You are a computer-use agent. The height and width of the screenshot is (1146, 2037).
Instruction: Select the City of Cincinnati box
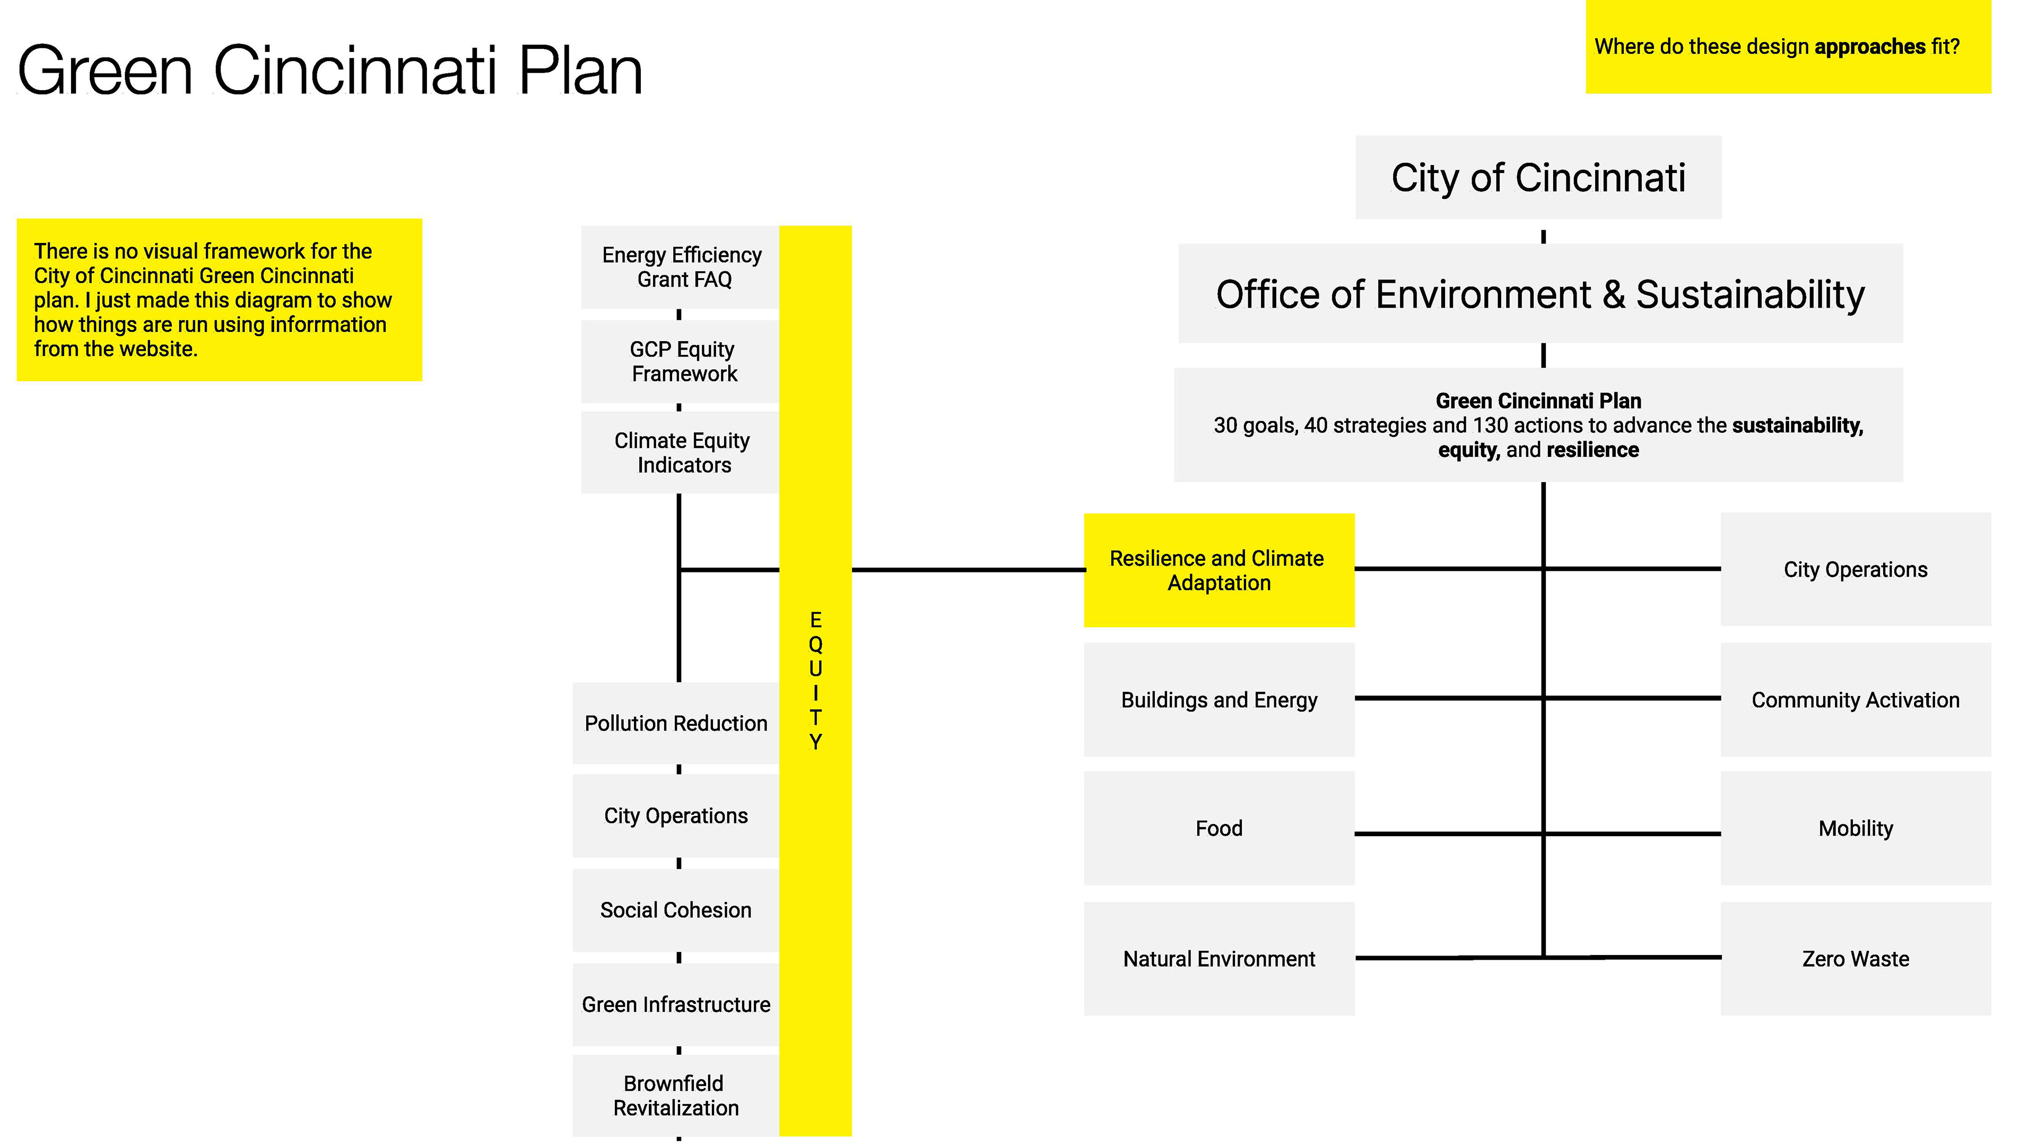(x=1537, y=177)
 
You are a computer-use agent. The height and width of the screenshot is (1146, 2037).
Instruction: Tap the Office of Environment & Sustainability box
(x=1539, y=293)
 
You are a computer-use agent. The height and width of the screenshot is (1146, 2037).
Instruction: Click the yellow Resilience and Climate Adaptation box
(x=1218, y=570)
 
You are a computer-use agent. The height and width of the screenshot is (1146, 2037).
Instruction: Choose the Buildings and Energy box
(x=1218, y=700)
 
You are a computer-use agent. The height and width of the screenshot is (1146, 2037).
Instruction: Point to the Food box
(x=1218, y=828)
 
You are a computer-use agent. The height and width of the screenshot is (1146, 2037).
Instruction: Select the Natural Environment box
(x=1218, y=959)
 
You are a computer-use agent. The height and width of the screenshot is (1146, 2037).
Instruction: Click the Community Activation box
(x=1855, y=700)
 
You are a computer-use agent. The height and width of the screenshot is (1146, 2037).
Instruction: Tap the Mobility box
(x=1855, y=828)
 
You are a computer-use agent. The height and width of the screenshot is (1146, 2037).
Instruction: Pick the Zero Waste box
(x=1855, y=959)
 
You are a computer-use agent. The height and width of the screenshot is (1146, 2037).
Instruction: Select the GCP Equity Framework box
(x=681, y=361)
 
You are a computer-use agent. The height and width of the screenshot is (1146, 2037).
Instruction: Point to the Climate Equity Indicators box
(x=681, y=453)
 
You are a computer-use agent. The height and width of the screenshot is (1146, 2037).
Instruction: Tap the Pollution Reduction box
(x=675, y=723)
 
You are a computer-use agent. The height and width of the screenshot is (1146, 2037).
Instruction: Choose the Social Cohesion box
(x=675, y=909)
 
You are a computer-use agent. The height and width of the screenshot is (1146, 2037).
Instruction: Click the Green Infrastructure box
(x=675, y=1004)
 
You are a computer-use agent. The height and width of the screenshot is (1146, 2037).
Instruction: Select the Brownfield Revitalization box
(x=675, y=1096)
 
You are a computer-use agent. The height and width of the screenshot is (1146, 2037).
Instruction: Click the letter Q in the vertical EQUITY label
(x=815, y=644)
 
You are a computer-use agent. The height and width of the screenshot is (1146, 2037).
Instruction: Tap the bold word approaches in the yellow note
(x=1869, y=47)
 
